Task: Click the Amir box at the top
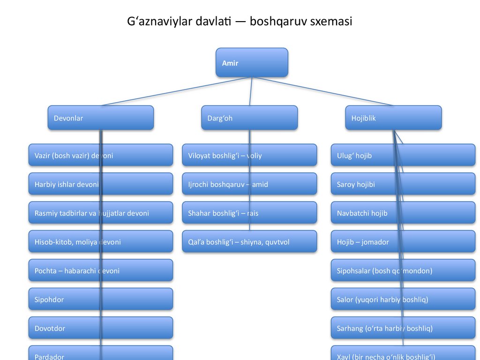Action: coord(252,63)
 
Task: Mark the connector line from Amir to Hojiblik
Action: coord(323,91)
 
